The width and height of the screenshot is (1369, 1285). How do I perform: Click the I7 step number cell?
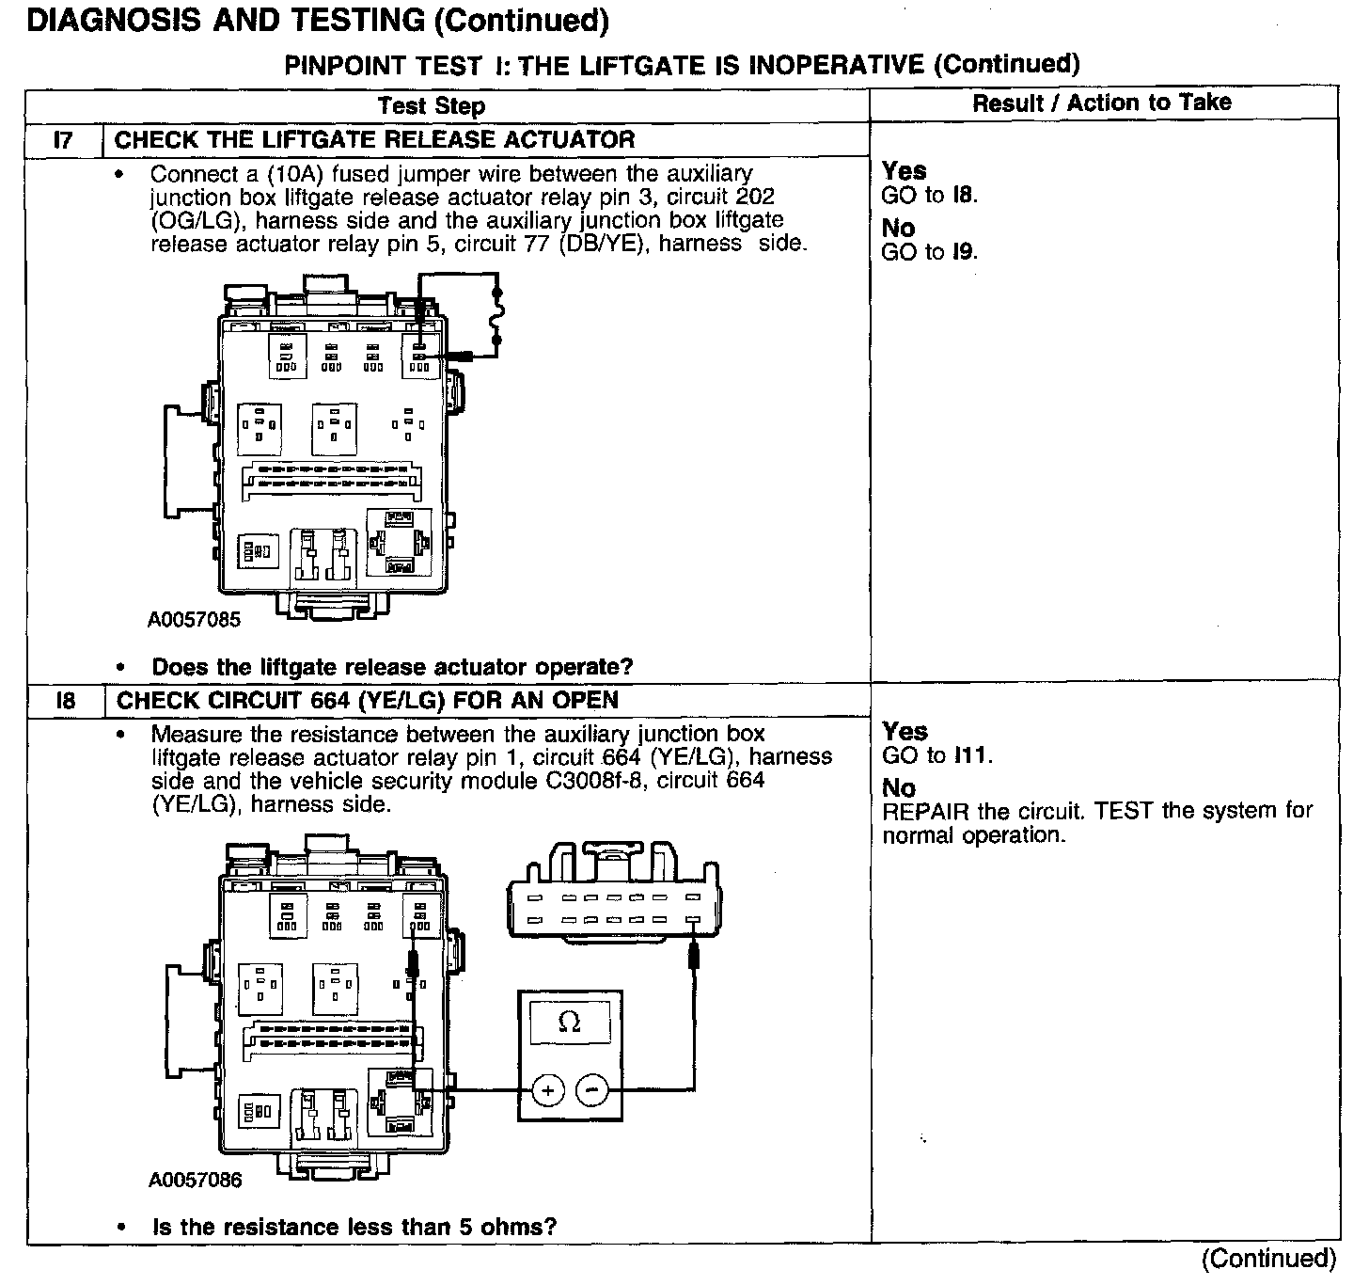point(63,140)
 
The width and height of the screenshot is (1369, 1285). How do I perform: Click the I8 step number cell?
point(65,701)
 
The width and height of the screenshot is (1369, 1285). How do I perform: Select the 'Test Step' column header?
point(432,106)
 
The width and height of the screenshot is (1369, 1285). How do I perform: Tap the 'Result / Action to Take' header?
point(1101,103)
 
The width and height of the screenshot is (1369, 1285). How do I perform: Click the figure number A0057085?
point(194,619)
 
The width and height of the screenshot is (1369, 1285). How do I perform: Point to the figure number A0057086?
point(195,1180)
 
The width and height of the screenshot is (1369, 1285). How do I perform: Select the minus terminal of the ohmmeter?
point(591,1091)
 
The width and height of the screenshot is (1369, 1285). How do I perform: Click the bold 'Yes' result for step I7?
point(905,171)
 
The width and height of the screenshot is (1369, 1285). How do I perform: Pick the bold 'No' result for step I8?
point(899,788)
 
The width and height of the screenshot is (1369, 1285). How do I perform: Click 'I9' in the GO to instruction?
point(963,252)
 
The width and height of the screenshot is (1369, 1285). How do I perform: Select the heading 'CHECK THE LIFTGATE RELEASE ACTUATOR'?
point(374,140)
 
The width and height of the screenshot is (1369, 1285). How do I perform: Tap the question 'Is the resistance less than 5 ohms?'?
point(354,1227)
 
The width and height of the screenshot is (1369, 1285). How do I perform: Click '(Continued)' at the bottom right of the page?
point(1268,1259)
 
